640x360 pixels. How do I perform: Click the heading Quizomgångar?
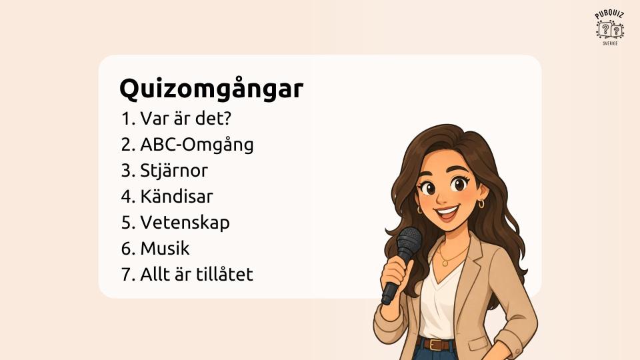click(x=211, y=89)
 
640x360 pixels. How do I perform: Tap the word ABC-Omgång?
click(x=197, y=145)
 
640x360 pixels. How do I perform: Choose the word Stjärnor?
click(x=174, y=171)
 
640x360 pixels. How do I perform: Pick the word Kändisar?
click(x=176, y=196)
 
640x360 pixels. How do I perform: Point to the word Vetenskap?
click(x=185, y=223)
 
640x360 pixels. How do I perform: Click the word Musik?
click(x=165, y=248)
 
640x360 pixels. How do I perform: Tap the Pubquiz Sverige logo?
click(x=609, y=28)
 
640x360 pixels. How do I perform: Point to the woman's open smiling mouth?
click(x=446, y=213)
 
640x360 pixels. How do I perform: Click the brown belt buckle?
click(x=437, y=345)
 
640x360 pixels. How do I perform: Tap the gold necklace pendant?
click(x=446, y=263)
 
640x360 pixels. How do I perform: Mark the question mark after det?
click(x=227, y=119)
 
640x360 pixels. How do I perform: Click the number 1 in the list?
click(x=126, y=119)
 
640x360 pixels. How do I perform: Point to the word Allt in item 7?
click(x=153, y=274)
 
